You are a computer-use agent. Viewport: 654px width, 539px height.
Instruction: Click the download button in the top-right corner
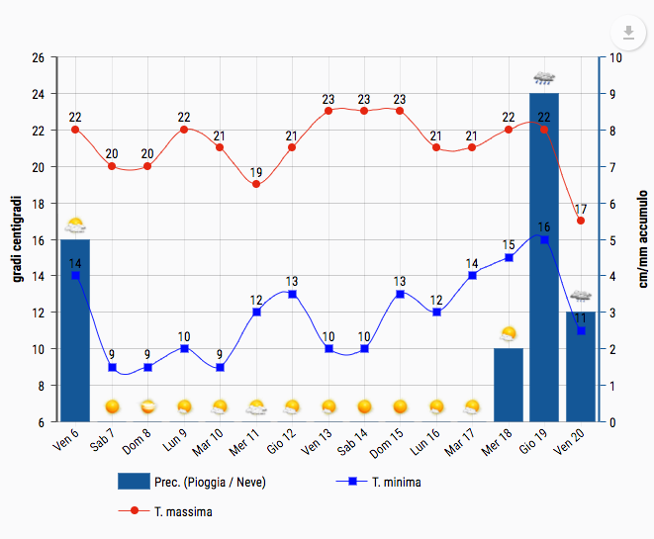[x=627, y=32]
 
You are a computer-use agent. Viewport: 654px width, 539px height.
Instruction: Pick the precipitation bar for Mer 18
[x=509, y=386]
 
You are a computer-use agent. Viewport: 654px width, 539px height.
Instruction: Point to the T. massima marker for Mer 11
[x=256, y=184]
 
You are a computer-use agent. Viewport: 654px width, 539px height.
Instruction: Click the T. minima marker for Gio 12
[x=292, y=294]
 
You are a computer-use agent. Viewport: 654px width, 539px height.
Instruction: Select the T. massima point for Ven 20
[x=581, y=221]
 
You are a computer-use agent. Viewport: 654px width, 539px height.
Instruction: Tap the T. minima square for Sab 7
[x=112, y=367]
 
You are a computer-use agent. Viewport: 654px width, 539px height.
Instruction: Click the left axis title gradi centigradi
[x=17, y=239]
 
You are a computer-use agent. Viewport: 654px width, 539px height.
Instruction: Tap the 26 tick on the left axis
[x=38, y=57]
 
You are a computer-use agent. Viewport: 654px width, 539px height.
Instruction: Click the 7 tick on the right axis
[x=616, y=166]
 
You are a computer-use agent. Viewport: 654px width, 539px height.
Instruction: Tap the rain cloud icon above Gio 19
[x=544, y=77]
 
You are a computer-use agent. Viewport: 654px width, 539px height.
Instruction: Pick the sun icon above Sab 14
[x=364, y=406]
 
